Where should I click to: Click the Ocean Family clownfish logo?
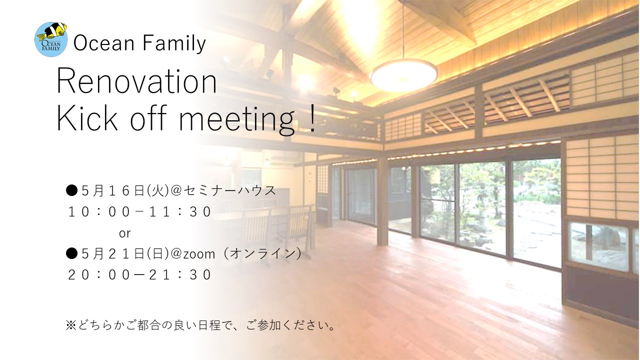[51, 39]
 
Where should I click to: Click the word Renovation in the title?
[137, 81]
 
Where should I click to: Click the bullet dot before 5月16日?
[71, 190]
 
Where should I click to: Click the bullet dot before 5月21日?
[71, 253]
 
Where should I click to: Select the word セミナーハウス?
[230, 190]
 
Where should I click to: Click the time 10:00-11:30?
[139, 212]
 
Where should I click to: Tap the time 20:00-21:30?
[139, 275]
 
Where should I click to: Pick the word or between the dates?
[125, 233]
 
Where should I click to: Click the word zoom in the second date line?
[199, 254]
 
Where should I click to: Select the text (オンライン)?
[262, 253]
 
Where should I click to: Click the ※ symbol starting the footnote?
[70, 325]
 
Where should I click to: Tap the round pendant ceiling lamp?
[403, 75]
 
